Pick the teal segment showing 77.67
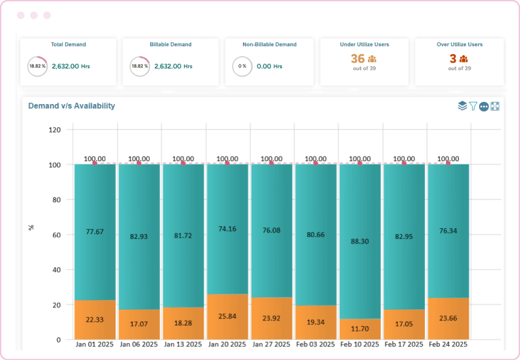[x=95, y=231]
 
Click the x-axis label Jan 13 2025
[x=183, y=344]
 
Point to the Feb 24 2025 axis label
[x=448, y=344]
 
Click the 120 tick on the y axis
[x=55, y=130]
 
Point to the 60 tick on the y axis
[x=57, y=235]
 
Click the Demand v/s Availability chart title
[x=71, y=106]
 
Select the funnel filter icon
[x=473, y=106]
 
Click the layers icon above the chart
[x=462, y=106]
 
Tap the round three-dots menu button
[x=484, y=107]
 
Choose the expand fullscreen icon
[x=495, y=106]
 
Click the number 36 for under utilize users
[x=357, y=58]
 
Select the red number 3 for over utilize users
[x=452, y=58]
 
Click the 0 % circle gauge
[x=242, y=66]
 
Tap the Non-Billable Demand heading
[x=269, y=45]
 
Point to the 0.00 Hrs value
[x=269, y=66]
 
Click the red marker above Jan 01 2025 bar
[x=95, y=163]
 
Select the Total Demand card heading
[x=68, y=45]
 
